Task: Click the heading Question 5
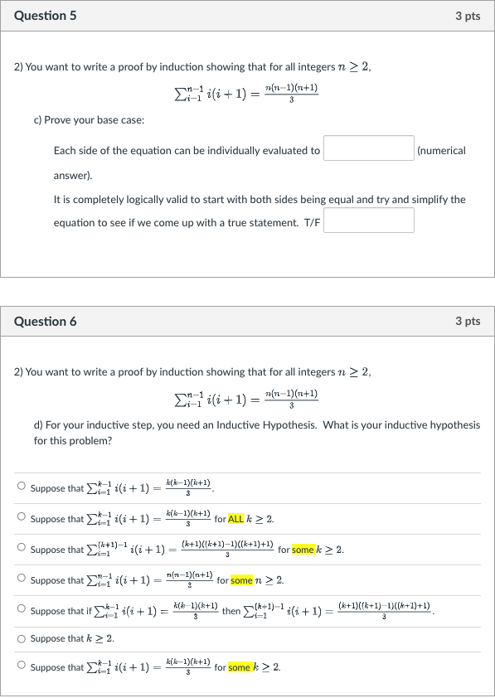click(x=46, y=16)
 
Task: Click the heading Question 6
click(x=46, y=321)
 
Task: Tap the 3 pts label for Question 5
click(x=468, y=16)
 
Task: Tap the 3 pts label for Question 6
click(x=468, y=321)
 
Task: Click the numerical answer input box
click(x=369, y=149)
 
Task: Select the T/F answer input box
click(x=369, y=221)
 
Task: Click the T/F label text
click(x=312, y=222)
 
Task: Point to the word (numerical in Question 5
click(x=442, y=150)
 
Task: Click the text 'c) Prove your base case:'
click(x=90, y=120)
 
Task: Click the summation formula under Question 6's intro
click(x=246, y=399)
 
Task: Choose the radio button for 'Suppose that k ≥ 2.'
click(x=21, y=638)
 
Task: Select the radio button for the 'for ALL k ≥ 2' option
click(x=21, y=518)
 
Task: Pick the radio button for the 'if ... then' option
click(x=21, y=609)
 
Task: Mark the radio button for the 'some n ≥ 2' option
click(x=21, y=579)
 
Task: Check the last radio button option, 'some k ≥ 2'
click(x=21, y=666)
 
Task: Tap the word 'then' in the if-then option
click(x=231, y=611)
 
